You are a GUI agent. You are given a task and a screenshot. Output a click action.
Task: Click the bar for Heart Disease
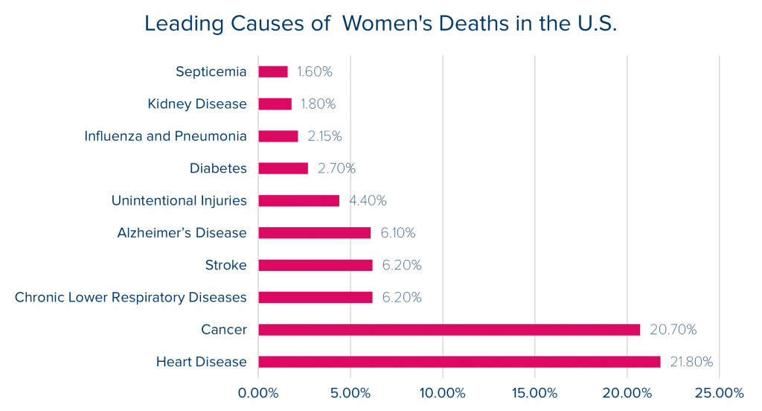pos(459,362)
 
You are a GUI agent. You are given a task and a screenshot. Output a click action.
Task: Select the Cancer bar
pos(449,330)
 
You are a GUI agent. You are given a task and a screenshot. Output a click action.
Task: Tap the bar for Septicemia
pos(273,72)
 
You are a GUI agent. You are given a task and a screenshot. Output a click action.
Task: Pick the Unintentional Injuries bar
pos(299,200)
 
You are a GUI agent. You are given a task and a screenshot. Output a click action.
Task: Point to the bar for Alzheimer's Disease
pos(315,233)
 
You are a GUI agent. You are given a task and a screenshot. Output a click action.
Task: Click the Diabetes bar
pos(284,168)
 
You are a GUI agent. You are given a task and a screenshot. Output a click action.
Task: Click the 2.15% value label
pos(324,136)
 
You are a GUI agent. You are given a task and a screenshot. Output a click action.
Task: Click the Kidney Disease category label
pos(196,104)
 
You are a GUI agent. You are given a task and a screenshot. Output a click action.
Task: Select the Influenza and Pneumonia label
pos(164,136)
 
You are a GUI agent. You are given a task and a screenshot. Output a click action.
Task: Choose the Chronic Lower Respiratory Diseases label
pos(130,298)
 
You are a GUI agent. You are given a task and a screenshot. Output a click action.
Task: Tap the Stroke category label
pos(225,265)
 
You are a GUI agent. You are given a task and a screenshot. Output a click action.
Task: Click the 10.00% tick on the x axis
pos(442,392)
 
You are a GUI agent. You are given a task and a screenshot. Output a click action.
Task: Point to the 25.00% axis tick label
pos(719,392)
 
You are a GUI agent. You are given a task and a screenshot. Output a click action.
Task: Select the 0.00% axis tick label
pos(258,392)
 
